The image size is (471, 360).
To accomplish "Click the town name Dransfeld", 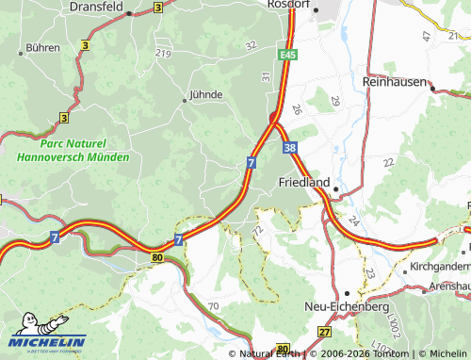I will pos(96,6).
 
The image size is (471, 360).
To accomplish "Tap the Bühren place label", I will pos(43,46).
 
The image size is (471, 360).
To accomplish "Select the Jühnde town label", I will pos(206,94).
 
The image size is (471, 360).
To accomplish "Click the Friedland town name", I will pos(302,181).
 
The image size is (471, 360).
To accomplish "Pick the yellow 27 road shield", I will pos(325,333).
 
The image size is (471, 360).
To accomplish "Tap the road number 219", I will pos(163,53).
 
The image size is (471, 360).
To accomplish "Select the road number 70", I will pos(213,306).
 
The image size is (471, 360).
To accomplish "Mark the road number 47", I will pos(426,35).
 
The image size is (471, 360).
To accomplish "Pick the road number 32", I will pos(250,44).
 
